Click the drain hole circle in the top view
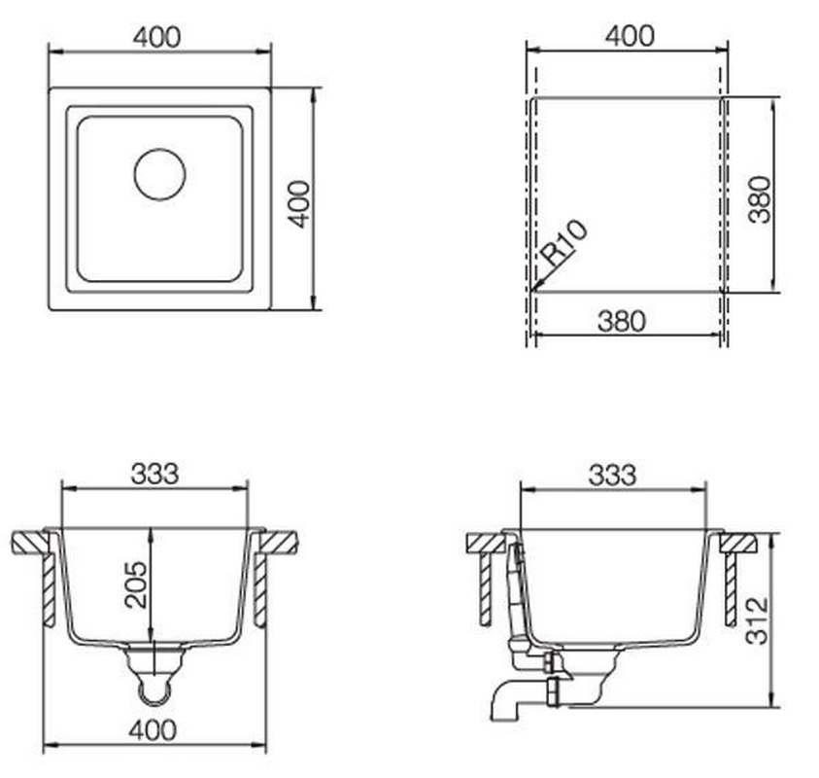tap(160, 150)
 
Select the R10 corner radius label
tap(564, 242)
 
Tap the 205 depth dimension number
tap(136, 584)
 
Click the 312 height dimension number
tap(757, 620)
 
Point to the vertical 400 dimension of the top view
tap(300, 204)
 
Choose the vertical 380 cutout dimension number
tap(760, 199)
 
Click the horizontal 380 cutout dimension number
tap(622, 321)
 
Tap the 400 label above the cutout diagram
tap(630, 36)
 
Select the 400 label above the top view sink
tap(156, 37)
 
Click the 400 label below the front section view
tap(154, 730)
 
